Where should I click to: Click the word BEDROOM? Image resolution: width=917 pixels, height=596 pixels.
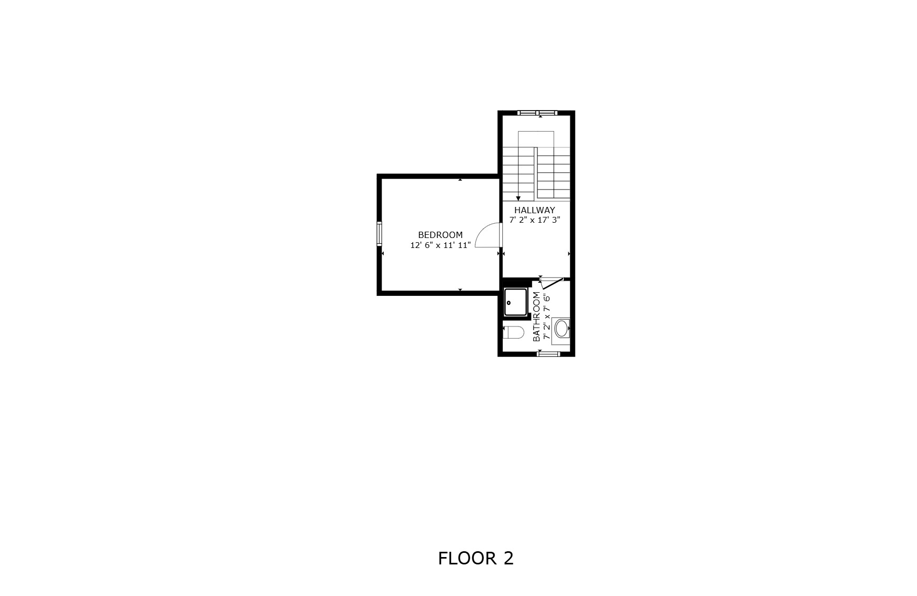[440, 235]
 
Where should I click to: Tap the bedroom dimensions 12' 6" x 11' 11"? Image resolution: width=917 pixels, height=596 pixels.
[440, 245]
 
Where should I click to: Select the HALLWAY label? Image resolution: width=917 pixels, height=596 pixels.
[534, 210]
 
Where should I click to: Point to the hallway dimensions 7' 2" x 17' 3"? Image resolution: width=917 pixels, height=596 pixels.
[534, 220]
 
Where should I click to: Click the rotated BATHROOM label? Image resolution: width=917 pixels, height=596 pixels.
[536, 316]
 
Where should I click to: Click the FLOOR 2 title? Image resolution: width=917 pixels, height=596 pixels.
[475, 558]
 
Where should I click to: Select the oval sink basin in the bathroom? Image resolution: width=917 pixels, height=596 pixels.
[562, 329]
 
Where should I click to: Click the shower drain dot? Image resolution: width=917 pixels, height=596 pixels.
[509, 303]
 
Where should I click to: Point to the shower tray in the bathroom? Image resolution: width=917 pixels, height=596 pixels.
[515, 302]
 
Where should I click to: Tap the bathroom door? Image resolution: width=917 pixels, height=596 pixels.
[552, 283]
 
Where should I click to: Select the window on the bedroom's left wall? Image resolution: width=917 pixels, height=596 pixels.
[379, 233]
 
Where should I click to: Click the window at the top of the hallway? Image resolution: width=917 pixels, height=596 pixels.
[537, 112]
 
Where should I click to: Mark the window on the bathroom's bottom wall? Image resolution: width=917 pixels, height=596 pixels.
[548, 354]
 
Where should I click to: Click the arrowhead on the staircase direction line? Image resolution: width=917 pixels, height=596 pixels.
[519, 198]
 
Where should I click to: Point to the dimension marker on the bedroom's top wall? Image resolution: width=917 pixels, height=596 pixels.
[460, 180]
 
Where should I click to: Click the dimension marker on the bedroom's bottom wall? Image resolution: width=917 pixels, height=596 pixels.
[460, 290]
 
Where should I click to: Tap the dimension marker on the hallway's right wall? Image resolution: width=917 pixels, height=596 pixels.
[569, 254]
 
